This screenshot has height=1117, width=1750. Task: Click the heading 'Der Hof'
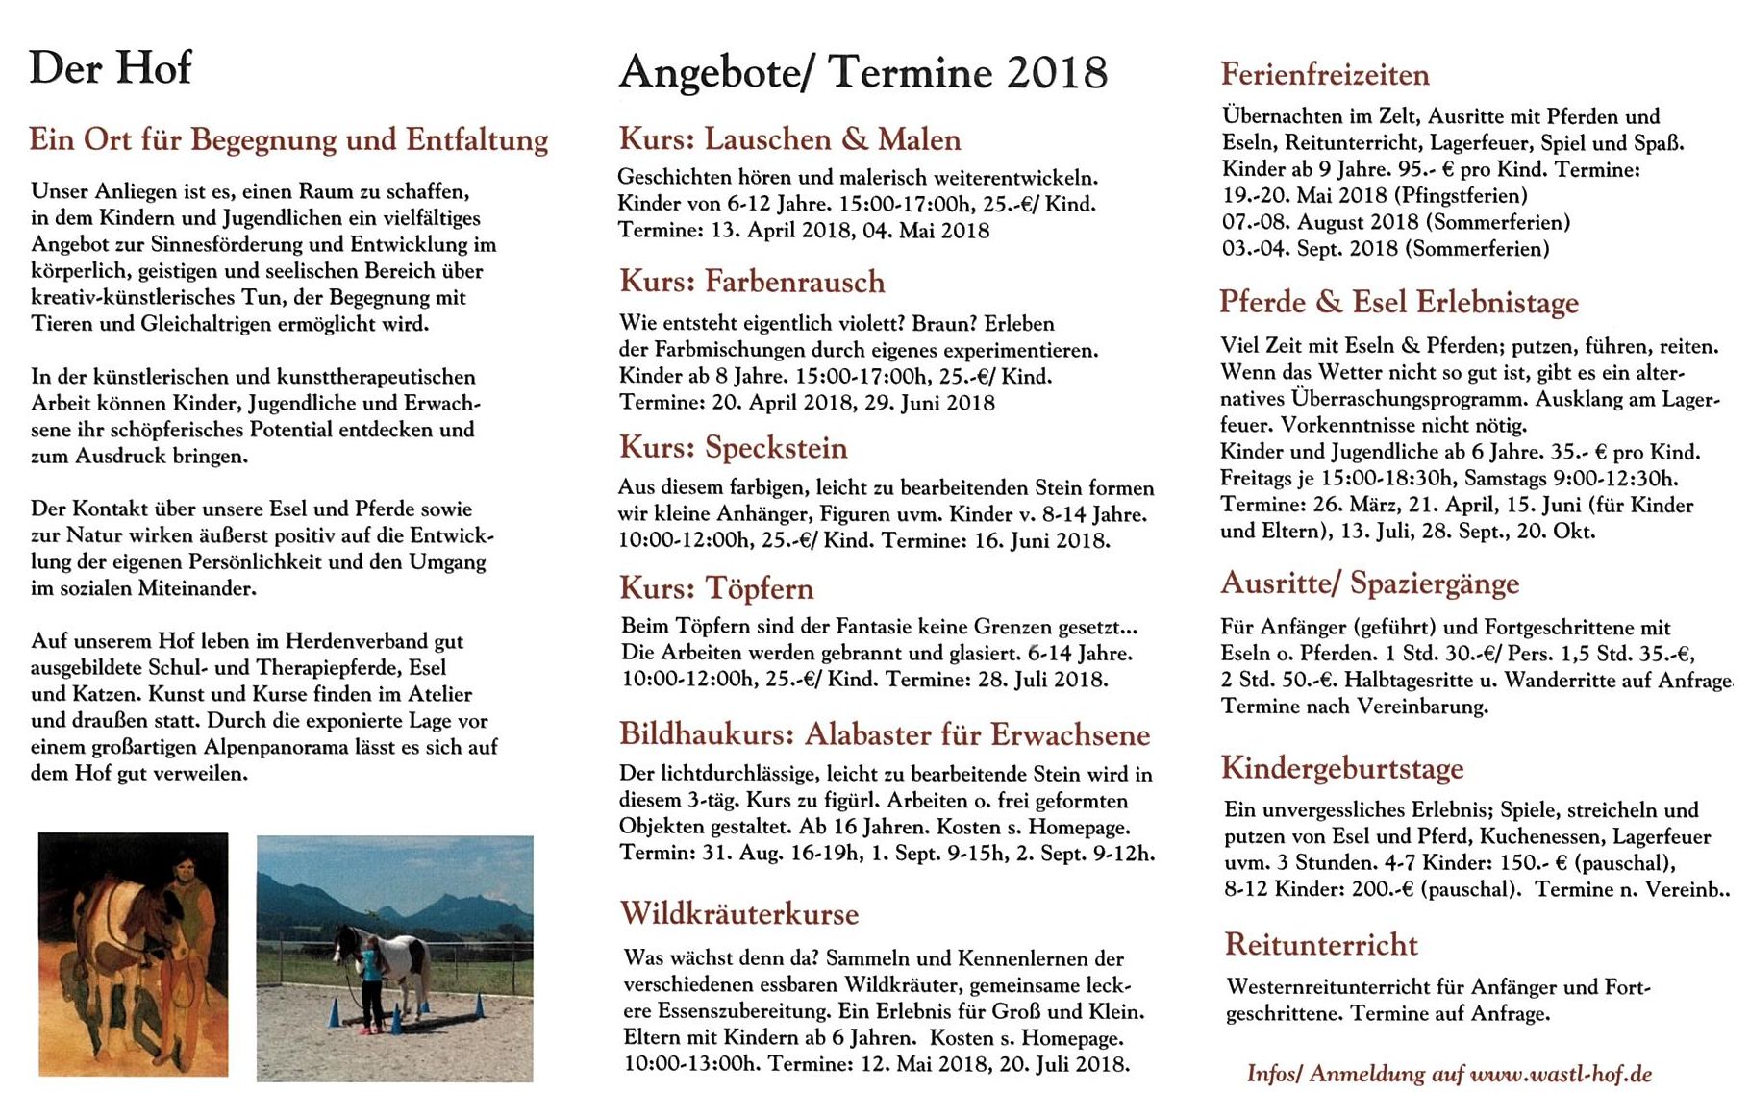111,68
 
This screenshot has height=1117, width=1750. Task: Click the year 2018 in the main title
1057,73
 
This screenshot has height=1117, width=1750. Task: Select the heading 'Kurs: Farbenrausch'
752,282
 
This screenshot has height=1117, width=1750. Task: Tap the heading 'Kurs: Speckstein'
734,448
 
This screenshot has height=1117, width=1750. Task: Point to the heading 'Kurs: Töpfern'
716,588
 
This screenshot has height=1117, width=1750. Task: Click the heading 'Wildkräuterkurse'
738,913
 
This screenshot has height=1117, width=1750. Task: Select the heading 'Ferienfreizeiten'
1325,75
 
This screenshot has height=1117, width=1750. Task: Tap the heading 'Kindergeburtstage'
1342,768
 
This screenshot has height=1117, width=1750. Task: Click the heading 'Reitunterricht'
1321,945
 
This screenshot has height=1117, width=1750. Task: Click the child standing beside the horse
369,985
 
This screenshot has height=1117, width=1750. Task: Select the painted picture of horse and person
134,954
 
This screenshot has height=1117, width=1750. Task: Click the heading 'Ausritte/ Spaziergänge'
1369,583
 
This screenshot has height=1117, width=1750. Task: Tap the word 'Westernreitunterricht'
1328,987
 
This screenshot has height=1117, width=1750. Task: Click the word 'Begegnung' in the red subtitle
264,140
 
